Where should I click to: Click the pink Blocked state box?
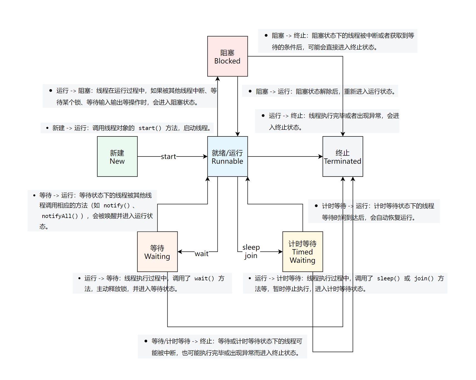(x=227, y=56)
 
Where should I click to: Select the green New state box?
(x=117, y=156)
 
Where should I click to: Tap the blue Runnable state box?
(x=227, y=156)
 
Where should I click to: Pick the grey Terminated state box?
(x=343, y=156)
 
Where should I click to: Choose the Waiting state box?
(x=157, y=252)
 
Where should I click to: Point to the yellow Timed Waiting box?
(x=303, y=252)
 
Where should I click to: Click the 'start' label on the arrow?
(x=168, y=156)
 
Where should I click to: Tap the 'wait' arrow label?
(x=202, y=254)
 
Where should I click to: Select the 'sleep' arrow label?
(x=251, y=247)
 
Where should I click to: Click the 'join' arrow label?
(x=251, y=256)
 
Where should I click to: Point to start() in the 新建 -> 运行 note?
(x=150, y=128)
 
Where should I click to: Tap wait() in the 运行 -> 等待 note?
(x=204, y=278)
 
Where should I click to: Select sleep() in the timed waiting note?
(x=388, y=278)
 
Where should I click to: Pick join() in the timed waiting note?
(x=424, y=278)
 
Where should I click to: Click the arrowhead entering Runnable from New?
(x=205, y=156)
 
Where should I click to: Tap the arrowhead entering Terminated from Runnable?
(x=321, y=156)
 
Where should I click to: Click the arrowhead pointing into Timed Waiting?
(x=281, y=252)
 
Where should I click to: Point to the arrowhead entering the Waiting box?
(x=180, y=252)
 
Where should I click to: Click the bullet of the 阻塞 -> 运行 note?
(x=250, y=91)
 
